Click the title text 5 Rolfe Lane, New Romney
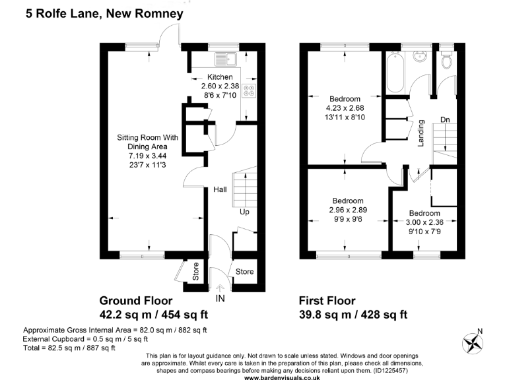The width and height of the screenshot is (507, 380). click(x=104, y=13)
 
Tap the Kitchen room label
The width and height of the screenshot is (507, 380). click(x=220, y=77)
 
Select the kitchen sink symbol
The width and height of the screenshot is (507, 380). click(x=230, y=59)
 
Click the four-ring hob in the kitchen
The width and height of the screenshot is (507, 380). click(x=250, y=91)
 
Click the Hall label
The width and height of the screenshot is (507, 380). click(x=220, y=190)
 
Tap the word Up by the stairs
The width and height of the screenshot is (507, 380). click(x=244, y=212)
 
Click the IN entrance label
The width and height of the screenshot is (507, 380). click(x=220, y=299)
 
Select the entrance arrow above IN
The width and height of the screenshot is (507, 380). click(x=220, y=287)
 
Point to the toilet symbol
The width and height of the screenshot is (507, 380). click(x=447, y=61)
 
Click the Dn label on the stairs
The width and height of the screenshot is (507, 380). click(x=446, y=120)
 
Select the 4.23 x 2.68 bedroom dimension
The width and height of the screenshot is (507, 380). click(x=345, y=108)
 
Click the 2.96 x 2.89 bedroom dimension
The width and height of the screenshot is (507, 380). click(x=347, y=210)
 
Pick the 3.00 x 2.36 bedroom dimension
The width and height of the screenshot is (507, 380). click(x=424, y=222)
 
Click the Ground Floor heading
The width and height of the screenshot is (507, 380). click(x=138, y=300)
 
